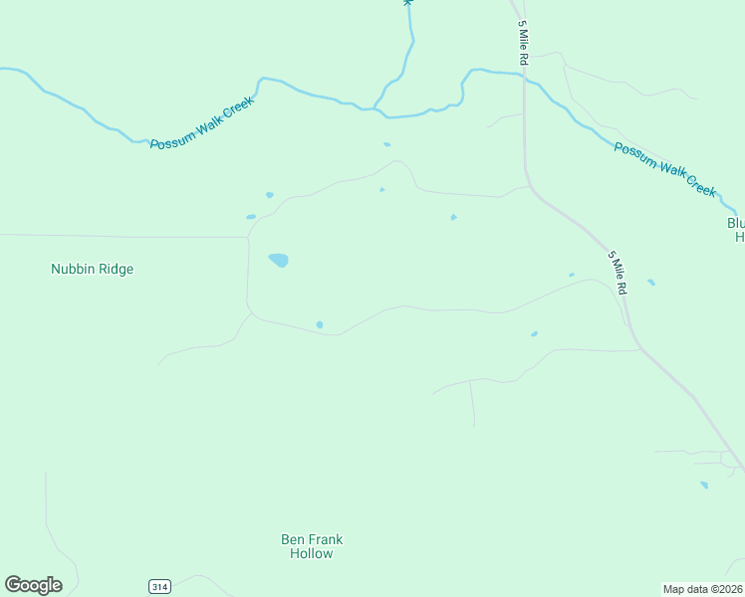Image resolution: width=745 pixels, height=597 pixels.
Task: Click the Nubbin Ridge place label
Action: point(92,269)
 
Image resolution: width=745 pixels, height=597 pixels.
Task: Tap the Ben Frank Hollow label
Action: point(312,546)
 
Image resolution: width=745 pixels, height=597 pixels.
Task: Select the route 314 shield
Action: point(159,587)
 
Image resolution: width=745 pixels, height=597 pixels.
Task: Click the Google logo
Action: point(33,585)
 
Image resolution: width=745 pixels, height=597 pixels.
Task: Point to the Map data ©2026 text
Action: point(703,588)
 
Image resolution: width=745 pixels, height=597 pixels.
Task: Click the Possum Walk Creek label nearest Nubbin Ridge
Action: point(202,123)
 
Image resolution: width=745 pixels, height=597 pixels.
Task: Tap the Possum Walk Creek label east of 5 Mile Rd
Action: point(664,169)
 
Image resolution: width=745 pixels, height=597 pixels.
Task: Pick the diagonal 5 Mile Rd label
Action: point(618,272)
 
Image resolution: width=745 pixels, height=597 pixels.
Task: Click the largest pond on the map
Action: point(279,261)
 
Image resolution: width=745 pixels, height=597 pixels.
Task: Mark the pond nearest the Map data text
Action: point(704,486)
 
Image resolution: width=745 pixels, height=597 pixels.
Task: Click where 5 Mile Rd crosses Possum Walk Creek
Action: point(524,79)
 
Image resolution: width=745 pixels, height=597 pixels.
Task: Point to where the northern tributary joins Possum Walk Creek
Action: point(375,107)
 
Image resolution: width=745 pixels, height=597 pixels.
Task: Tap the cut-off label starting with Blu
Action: point(737,230)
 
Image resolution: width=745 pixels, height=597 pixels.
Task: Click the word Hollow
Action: point(312,553)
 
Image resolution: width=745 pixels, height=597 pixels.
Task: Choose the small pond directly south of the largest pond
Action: point(320,324)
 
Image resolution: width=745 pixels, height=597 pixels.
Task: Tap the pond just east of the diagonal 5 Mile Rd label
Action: point(651,283)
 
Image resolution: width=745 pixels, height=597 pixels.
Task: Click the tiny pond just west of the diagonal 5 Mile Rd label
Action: point(571,275)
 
